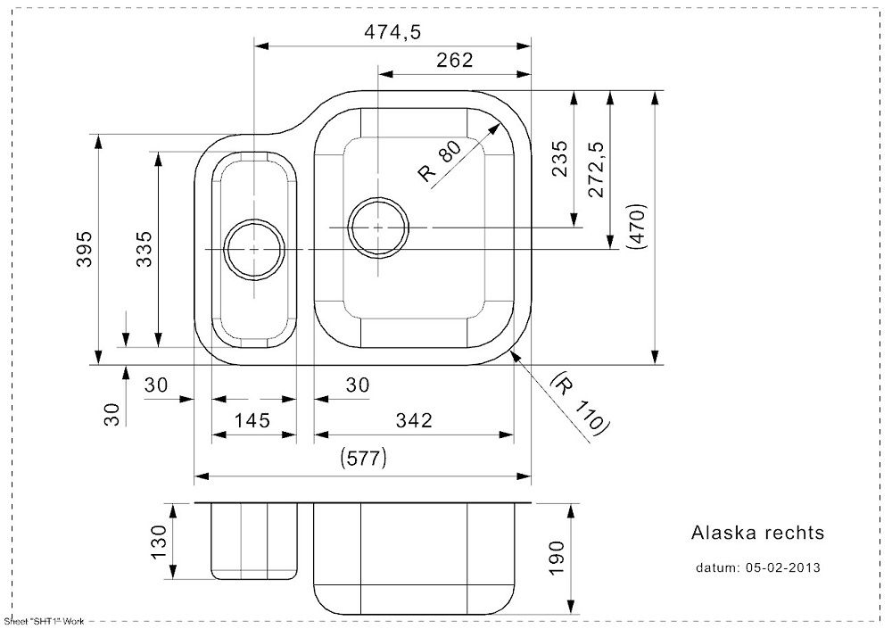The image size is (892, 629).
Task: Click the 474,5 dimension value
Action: click(x=392, y=32)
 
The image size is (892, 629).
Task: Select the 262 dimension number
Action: click(x=455, y=60)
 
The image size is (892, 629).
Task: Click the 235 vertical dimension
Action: click(x=560, y=159)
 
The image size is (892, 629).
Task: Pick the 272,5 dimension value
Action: click(x=596, y=169)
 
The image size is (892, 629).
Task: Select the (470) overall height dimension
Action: click(x=637, y=226)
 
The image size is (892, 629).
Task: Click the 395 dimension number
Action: click(x=84, y=249)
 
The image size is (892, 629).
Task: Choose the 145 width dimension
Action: click(x=252, y=420)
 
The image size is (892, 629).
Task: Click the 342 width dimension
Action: click(x=414, y=420)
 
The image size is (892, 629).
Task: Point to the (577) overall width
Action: click(x=363, y=457)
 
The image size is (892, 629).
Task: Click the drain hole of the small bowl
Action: click(x=253, y=250)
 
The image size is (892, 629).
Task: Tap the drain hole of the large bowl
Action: click(x=379, y=228)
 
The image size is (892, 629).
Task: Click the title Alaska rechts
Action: click(x=757, y=533)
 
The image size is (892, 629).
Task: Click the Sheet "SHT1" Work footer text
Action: click(x=44, y=621)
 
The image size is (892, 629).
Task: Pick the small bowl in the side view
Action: click(x=254, y=542)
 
